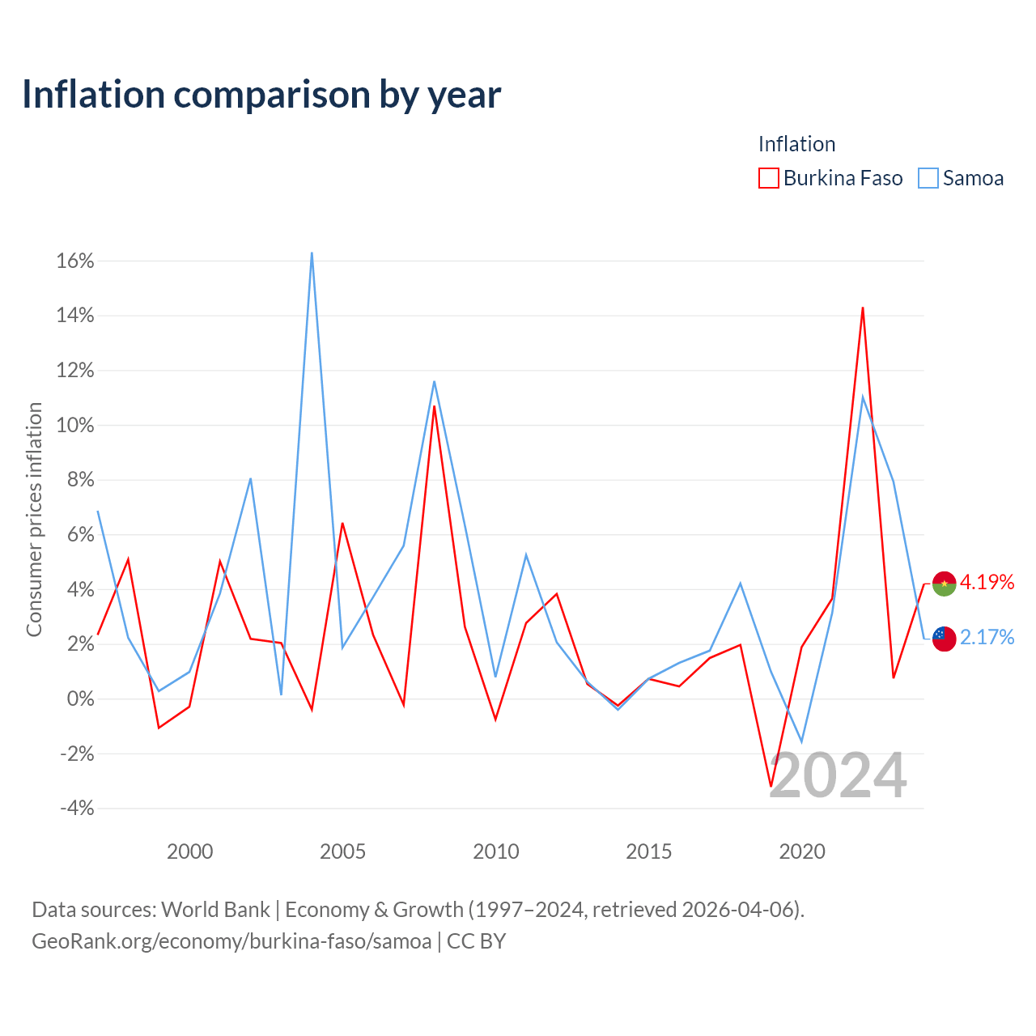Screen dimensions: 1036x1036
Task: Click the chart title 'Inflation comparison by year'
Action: coord(261,96)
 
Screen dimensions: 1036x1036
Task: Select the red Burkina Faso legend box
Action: coord(768,178)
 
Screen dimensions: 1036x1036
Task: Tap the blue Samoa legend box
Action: coord(928,178)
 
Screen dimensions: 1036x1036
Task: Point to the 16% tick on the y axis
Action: coord(75,261)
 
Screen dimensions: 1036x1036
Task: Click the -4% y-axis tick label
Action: coord(78,809)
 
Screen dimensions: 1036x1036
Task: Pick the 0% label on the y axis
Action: coord(81,699)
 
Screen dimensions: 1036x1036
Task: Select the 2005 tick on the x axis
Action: coord(342,851)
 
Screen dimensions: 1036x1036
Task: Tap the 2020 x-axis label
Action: coord(801,851)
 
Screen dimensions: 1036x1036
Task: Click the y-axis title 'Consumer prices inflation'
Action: coord(34,520)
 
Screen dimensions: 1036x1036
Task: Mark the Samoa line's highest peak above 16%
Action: coord(312,253)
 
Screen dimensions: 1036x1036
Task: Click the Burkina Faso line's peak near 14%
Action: coord(862,308)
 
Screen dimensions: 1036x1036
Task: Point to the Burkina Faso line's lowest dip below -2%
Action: coord(771,786)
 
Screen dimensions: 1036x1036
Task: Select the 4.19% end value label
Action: coord(987,582)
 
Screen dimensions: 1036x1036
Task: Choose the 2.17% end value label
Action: coord(987,637)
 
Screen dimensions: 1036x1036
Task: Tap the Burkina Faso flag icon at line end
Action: coord(944,584)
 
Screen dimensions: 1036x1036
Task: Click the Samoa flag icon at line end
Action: coord(944,639)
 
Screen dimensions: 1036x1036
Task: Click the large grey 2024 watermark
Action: coord(838,776)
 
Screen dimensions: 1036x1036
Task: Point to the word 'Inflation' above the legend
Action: coord(796,144)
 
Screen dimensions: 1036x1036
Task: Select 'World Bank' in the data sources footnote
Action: coord(215,911)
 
